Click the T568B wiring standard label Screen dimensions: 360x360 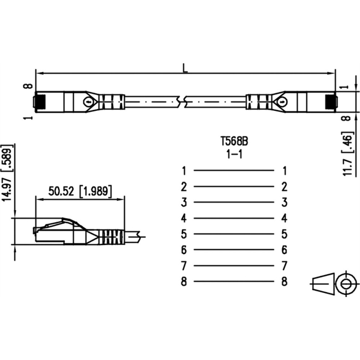click(234, 141)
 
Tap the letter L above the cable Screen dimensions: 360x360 click(185, 68)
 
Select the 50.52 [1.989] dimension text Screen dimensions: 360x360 click(80, 191)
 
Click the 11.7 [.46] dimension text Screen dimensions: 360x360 click(347, 154)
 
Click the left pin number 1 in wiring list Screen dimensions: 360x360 click(184, 171)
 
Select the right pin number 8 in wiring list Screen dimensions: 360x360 click(284, 282)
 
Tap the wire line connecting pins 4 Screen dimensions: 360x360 click(234, 218)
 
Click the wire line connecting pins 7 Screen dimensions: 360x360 click(234, 266)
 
